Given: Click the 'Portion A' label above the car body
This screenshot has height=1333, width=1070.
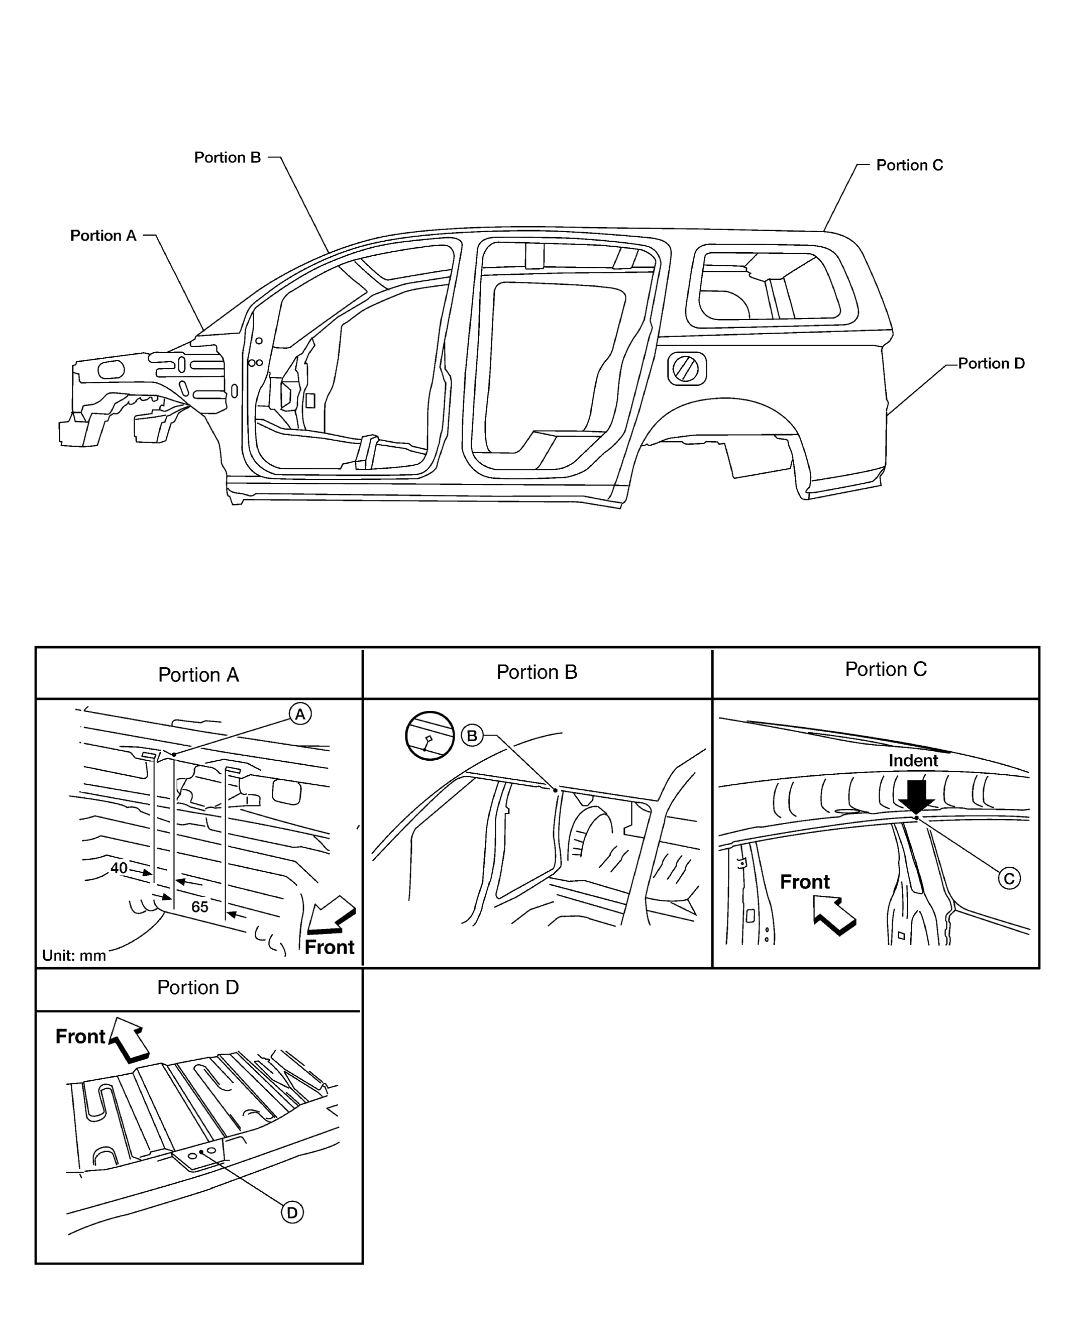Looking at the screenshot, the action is pyautogui.click(x=103, y=236).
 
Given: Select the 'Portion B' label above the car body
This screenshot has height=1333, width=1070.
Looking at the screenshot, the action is pyautogui.click(x=228, y=158).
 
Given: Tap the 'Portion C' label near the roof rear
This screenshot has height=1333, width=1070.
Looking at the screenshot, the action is pyautogui.click(x=909, y=165).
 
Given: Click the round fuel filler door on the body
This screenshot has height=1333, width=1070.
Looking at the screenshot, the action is pyautogui.click(x=686, y=369).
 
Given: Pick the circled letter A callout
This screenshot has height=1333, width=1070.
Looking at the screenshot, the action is pyautogui.click(x=300, y=714).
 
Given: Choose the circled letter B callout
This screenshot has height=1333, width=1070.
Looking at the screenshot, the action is pyautogui.click(x=472, y=736).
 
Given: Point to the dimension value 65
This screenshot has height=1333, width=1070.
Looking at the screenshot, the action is pyautogui.click(x=199, y=907).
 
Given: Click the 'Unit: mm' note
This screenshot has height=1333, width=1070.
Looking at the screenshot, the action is pyautogui.click(x=74, y=955).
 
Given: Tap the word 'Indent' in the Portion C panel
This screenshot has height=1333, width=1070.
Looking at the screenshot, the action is pyautogui.click(x=913, y=761).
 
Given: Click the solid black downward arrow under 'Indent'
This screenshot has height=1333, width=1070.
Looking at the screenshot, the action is pyautogui.click(x=917, y=797).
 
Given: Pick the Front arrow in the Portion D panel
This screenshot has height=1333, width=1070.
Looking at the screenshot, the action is pyautogui.click(x=129, y=1040).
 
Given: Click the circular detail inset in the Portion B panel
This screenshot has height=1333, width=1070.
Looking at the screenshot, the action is pyautogui.click(x=430, y=736).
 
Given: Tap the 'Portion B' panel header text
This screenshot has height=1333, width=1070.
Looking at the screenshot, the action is pyautogui.click(x=537, y=672).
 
